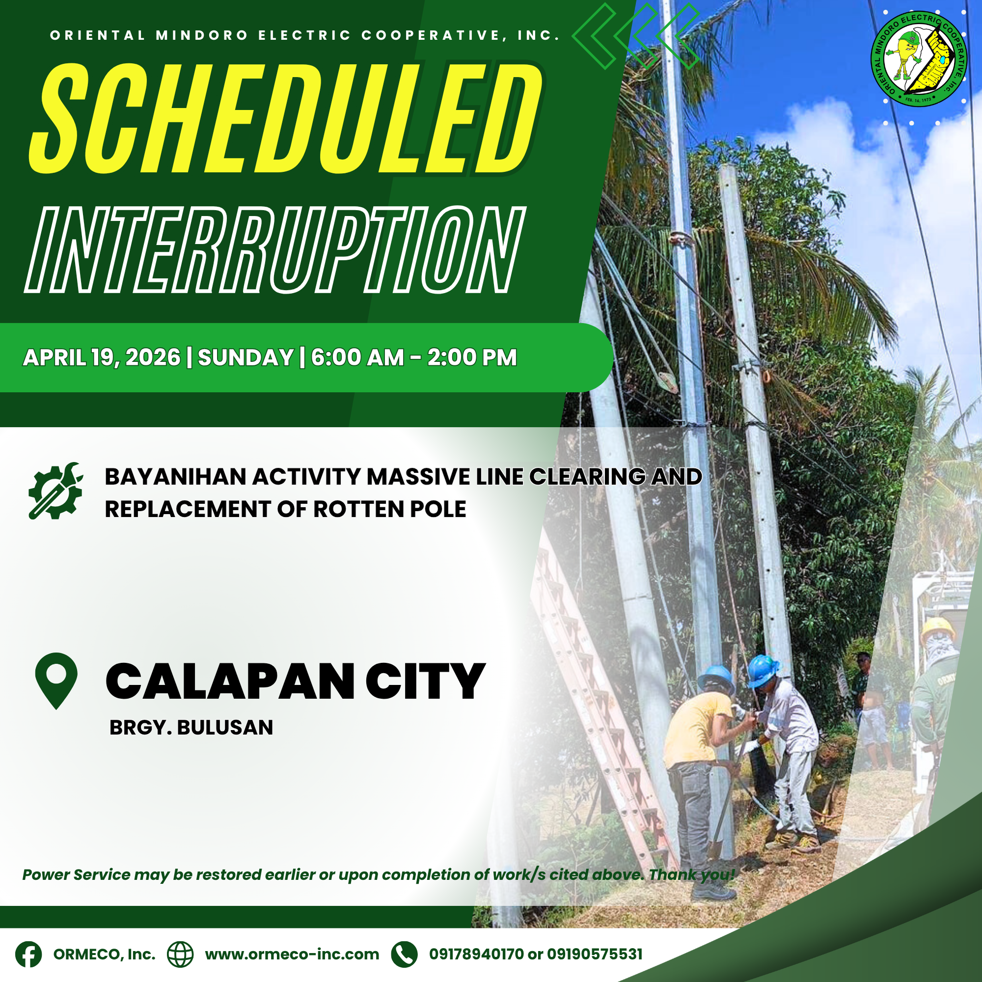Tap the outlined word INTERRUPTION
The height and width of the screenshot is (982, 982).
tap(274, 250)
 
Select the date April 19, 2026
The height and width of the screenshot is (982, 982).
tap(102, 358)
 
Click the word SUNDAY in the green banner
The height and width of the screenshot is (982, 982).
tap(245, 358)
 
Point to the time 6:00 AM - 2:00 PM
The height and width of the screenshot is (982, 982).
tap(414, 357)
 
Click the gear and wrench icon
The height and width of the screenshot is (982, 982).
tap(55, 491)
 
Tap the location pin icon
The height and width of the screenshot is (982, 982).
tap(56, 681)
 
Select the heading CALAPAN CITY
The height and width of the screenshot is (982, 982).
tap(295, 682)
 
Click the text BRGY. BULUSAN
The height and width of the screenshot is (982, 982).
tap(191, 728)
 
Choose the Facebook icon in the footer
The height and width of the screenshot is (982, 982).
tap(28, 955)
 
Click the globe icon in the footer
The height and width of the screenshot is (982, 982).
tap(180, 955)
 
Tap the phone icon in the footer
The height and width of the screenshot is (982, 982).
tap(404, 955)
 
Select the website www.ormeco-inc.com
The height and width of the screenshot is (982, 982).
tap(292, 955)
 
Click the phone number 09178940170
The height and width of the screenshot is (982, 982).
tap(476, 954)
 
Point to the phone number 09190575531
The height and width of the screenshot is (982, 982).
tap(595, 954)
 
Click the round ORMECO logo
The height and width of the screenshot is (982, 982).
tap(919, 59)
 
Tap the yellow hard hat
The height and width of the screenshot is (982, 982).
tap(938, 631)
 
